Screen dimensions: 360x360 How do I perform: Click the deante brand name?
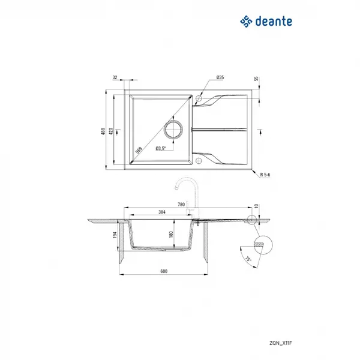[x=274, y=22]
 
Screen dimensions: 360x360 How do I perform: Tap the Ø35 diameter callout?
[x=220, y=77]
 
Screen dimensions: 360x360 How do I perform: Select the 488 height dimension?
[x=103, y=131]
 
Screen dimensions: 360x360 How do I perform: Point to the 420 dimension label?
[x=111, y=131]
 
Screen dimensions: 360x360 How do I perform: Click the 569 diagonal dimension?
[x=139, y=150]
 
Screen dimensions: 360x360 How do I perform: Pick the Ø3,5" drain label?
[x=161, y=148]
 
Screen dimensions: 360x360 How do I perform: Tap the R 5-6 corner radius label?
[x=265, y=175]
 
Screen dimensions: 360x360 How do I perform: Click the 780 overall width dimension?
[x=181, y=205]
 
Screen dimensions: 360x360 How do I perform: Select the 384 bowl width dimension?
[x=162, y=212]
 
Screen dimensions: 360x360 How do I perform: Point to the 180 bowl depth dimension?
[x=171, y=235]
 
